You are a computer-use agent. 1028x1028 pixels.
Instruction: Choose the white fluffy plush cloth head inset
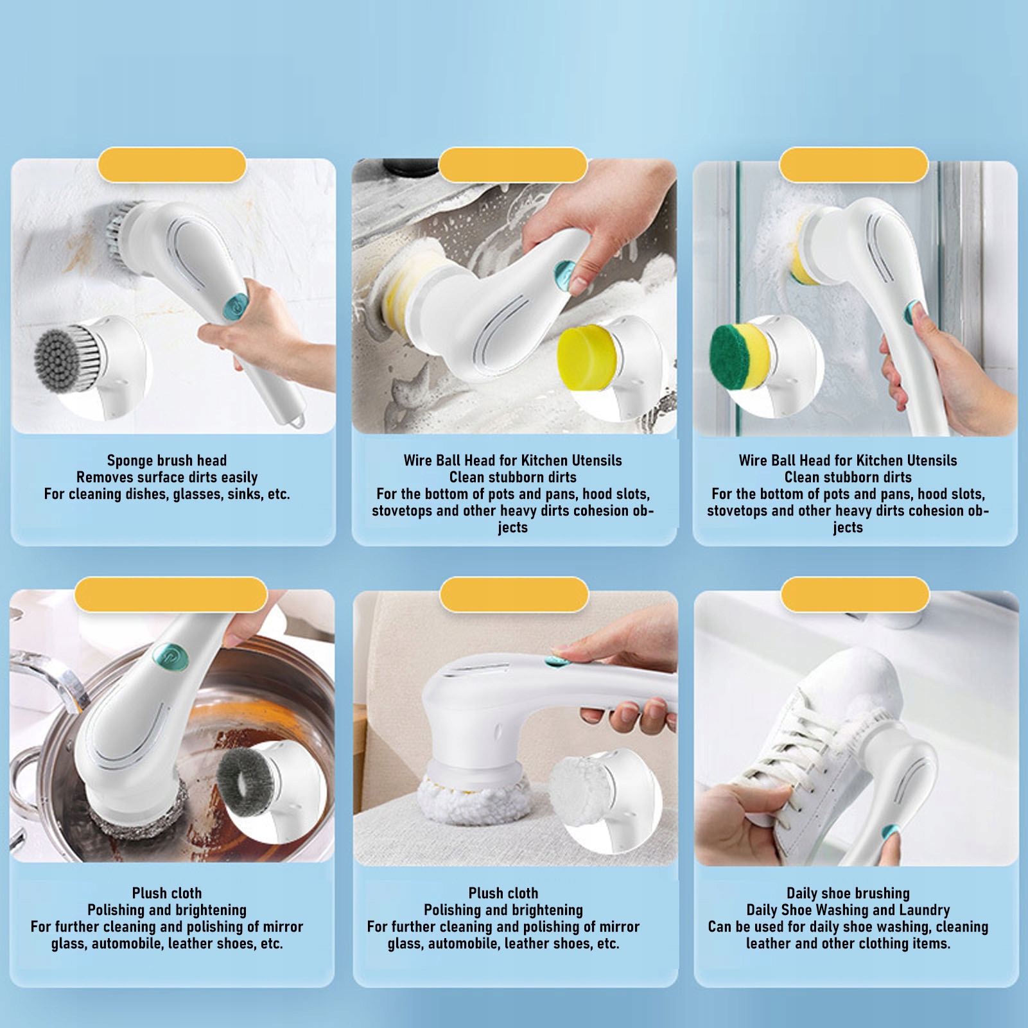point(581,794)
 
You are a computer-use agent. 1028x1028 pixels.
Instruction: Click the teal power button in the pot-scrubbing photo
point(171,656)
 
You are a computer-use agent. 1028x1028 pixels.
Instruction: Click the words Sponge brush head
point(167,460)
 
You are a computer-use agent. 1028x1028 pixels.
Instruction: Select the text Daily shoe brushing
point(848,893)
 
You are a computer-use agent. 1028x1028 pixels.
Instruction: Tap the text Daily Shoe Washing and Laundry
point(848,909)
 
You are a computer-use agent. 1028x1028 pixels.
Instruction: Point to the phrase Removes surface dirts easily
point(167,476)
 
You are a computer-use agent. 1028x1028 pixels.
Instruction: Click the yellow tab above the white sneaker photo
point(855,594)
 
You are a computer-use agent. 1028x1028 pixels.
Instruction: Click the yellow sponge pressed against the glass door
point(801,254)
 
